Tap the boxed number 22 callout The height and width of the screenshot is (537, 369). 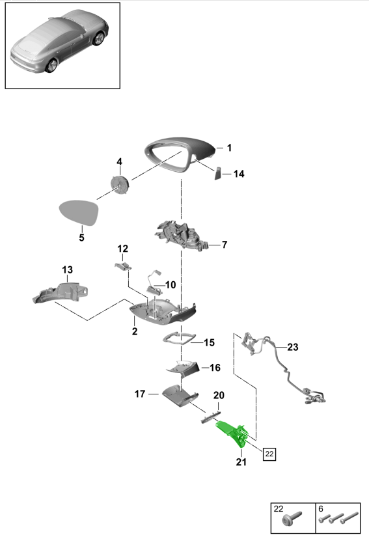pos(269,454)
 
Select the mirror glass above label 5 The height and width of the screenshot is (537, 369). pos(78,212)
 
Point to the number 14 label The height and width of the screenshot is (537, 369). pos(239,174)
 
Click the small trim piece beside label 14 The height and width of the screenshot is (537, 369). pos(218,174)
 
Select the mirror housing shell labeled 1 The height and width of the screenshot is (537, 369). pos(180,154)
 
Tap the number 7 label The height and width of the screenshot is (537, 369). pos(225,245)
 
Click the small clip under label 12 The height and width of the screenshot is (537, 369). pos(123,266)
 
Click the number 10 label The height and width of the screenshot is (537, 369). pos(170,284)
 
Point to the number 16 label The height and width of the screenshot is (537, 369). pos(215,368)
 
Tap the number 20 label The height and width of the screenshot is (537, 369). pos(219,395)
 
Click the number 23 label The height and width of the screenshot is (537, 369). pos(293,348)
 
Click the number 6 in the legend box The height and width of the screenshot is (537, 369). pos(321,509)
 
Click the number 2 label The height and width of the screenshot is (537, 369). pos(135,331)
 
